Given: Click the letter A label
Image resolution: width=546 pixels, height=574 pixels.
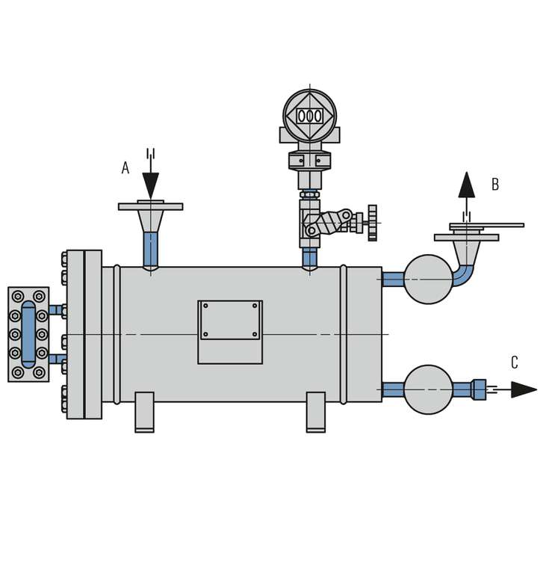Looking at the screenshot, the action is pyautogui.click(x=125, y=168).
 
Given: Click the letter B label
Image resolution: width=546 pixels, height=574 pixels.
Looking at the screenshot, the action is pyautogui.click(x=495, y=184).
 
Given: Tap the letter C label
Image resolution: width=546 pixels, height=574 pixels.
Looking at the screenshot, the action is pyautogui.click(x=515, y=362).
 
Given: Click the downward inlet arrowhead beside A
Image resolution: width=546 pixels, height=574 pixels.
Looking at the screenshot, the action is pyautogui.click(x=150, y=185).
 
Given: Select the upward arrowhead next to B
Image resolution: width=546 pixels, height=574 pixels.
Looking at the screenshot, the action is pyautogui.click(x=467, y=185).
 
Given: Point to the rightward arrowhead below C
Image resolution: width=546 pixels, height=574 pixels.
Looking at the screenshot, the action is pyautogui.click(x=524, y=389).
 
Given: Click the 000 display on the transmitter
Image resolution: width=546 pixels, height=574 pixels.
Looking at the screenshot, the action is pyautogui.click(x=309, y=117).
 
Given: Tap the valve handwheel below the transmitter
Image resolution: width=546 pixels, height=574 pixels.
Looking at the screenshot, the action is pyautogui.click(x=372, y=223).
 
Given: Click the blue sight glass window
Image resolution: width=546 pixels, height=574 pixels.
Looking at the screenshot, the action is pyautogui.click(x=28, y=335).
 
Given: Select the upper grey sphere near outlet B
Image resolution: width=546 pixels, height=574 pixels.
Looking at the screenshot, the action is pyautogui.click(x=428, y=280).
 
